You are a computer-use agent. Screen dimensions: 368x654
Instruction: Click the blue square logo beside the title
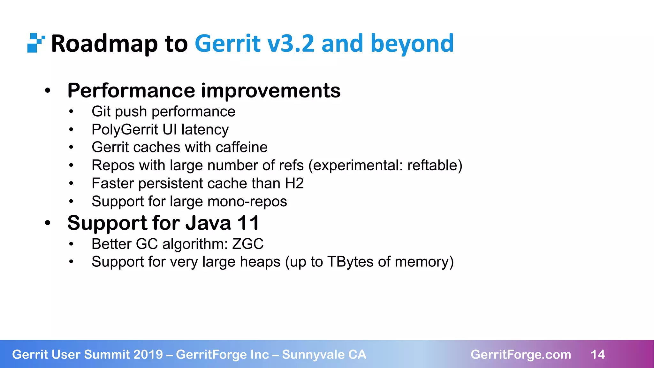coord(35,43)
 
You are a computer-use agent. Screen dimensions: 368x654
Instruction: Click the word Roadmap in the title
coord(104,43)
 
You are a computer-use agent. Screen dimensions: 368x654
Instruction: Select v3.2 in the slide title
coord(291,43)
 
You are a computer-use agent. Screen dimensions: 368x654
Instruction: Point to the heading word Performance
coord(131,91)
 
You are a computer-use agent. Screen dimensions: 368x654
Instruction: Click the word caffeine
coord(241,148)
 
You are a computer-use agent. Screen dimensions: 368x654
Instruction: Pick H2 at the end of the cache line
coord(294,183)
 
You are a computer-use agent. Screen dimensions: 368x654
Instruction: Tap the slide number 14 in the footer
coord(598,355)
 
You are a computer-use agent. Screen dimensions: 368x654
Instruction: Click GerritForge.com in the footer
coord(521,355)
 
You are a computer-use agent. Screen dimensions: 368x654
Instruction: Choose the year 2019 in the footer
coord(148,355)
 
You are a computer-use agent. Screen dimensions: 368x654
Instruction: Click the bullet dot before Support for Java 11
coord(48,223)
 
